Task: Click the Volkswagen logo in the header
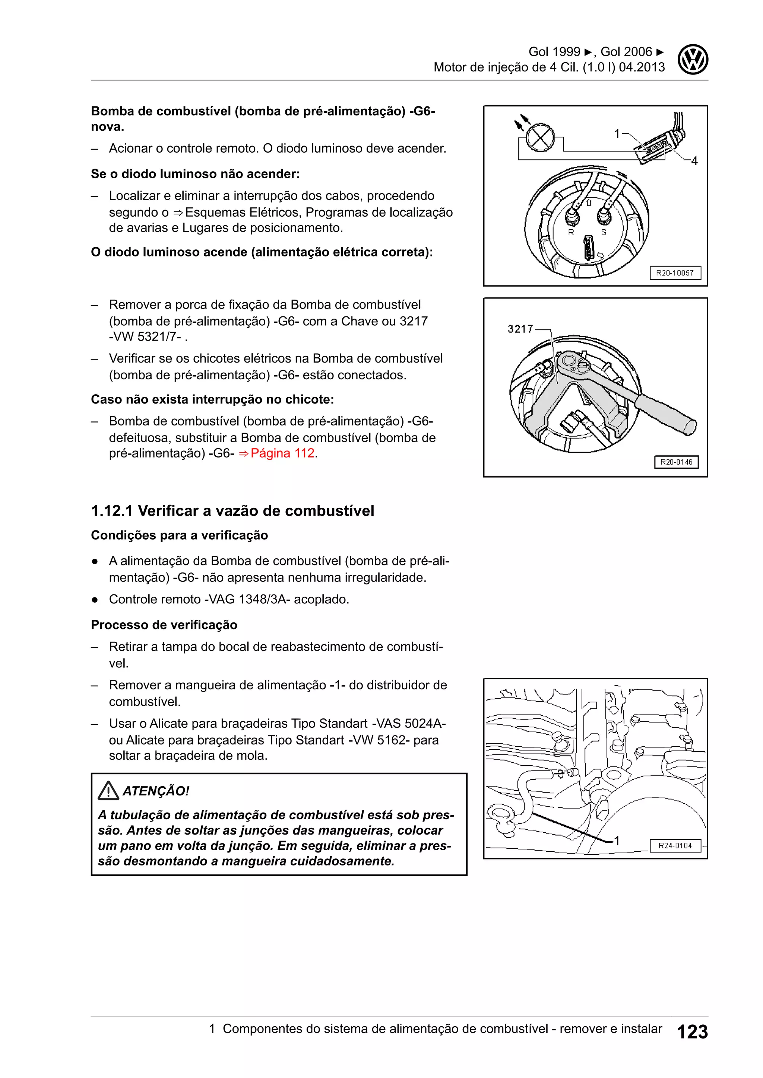point(693,60)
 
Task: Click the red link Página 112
point(282,453)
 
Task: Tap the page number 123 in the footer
point(692,1032)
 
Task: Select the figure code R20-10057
point(675,273)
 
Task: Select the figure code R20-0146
point(676,462)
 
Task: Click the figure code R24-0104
point(675,846)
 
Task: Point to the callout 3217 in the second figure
point(520,329)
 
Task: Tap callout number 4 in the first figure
point(694,161)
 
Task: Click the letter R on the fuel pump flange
point(571,232)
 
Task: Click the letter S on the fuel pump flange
point(604,232)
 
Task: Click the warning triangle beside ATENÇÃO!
point(108,791)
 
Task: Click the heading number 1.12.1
point(112,511)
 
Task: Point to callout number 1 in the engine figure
point(617,841)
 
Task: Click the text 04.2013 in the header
point(642,67)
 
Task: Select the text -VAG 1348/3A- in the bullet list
point(247,600)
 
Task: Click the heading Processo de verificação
point(164,625)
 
